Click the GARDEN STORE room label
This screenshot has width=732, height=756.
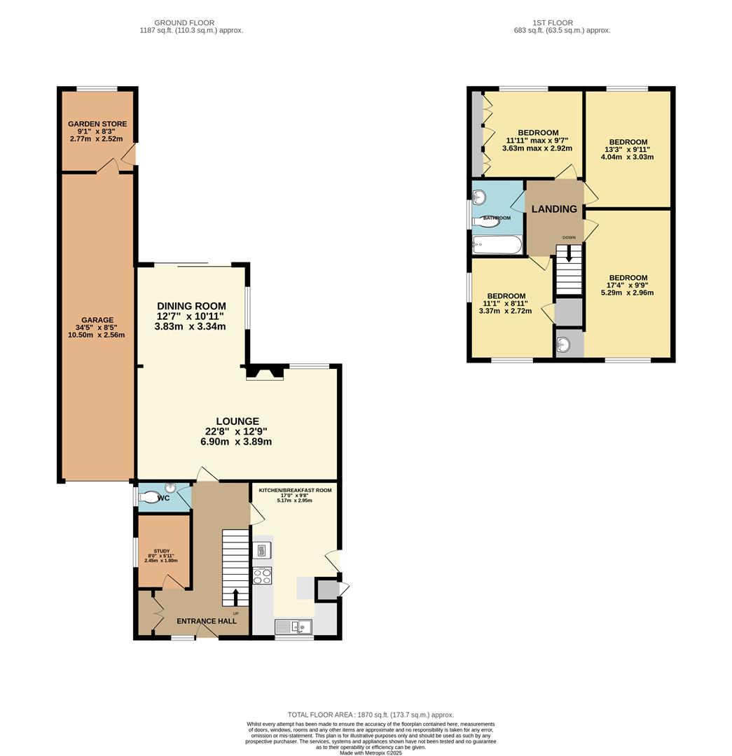click(97, 124)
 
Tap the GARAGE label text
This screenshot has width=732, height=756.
click(97, 321)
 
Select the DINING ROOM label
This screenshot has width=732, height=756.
click(191, 306)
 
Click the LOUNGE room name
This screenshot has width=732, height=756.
click(237, 421)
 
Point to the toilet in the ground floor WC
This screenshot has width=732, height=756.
click(150, 498)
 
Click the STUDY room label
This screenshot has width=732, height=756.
click(161, 551)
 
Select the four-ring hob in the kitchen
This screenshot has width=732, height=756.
click(262, 576)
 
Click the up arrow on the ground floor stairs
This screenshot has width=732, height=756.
click(235, 597)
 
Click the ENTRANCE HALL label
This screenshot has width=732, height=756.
click(206, 621)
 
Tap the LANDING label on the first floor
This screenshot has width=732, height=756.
click(554, 209)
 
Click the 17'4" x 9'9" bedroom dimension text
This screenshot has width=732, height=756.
click(628, 285)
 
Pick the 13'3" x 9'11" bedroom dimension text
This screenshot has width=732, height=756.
click(628, 149)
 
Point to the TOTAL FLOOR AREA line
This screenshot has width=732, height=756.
click(371, 714)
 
